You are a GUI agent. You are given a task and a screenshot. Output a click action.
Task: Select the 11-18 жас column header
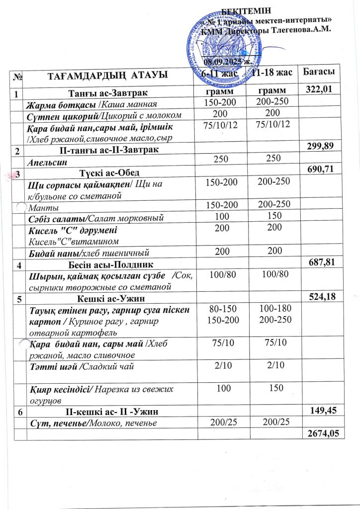[271, 73]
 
